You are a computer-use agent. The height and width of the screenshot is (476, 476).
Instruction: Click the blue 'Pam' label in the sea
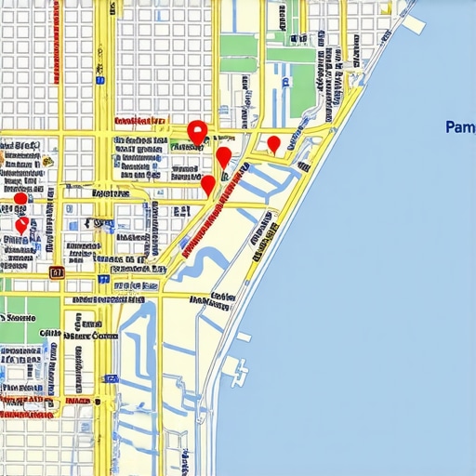pos(460,126)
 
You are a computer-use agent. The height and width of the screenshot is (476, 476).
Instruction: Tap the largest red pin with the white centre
pos(196,132)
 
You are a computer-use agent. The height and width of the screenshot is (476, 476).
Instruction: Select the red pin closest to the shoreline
pos(273,143)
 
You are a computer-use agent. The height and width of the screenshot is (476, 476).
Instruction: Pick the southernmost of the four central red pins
pos(208,184)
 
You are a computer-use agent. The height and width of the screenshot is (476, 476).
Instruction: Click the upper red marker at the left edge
pos(20,199)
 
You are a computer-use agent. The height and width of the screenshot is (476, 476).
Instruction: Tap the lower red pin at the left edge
pos(21,225)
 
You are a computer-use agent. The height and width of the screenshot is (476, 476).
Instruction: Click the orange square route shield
pos(56,272)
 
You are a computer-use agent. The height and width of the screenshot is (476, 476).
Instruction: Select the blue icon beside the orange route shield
pos(103,278)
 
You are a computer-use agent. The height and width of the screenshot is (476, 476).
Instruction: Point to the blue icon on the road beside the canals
pos(112,378)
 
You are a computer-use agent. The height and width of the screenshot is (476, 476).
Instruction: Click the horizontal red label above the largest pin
pos(139,121)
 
